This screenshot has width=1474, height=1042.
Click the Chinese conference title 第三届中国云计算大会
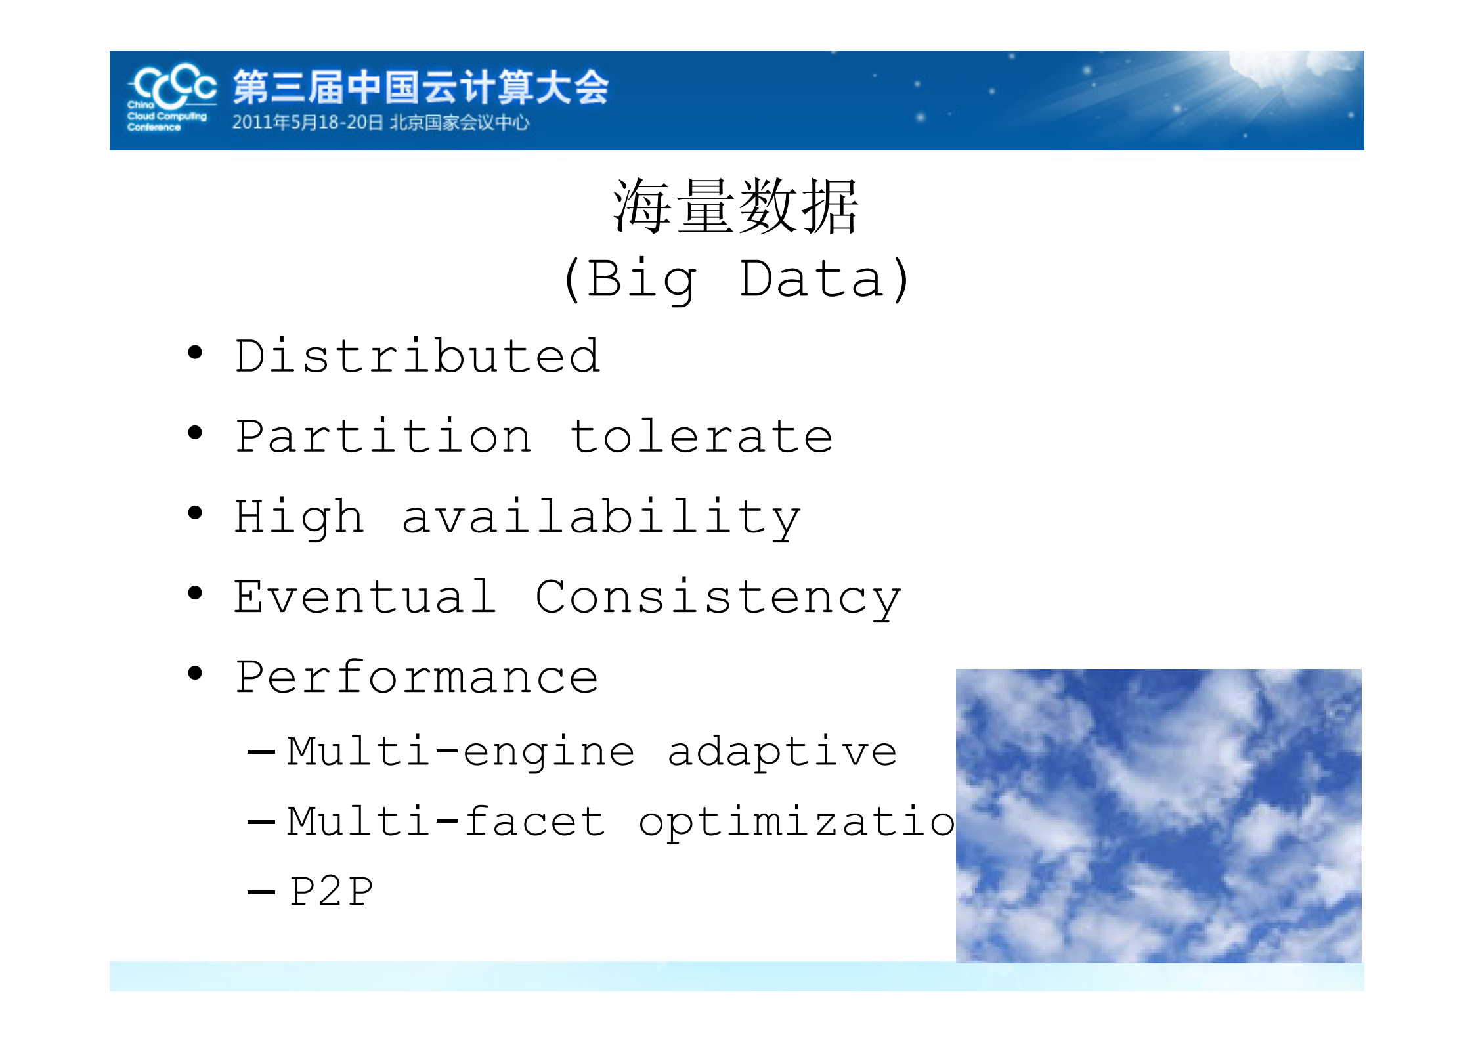(x=421, y=87)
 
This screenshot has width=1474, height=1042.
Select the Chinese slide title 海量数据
(x=735, y=207)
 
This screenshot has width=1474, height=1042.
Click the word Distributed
(x=418, y=357)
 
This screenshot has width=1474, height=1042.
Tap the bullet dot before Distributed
(x=195, y=353)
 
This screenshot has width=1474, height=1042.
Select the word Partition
(x=383, y=437)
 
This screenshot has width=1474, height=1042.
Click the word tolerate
(x=702, y=437)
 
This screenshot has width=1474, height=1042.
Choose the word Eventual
(x=365, y=597)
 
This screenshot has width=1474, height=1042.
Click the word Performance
(x=417, y=678)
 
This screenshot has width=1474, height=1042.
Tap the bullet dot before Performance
(x=195, y=674)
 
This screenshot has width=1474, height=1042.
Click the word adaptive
(x=782, y=752)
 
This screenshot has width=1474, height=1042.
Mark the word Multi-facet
(x=446, y=822)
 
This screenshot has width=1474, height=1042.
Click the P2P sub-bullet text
(x=332, y=892)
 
